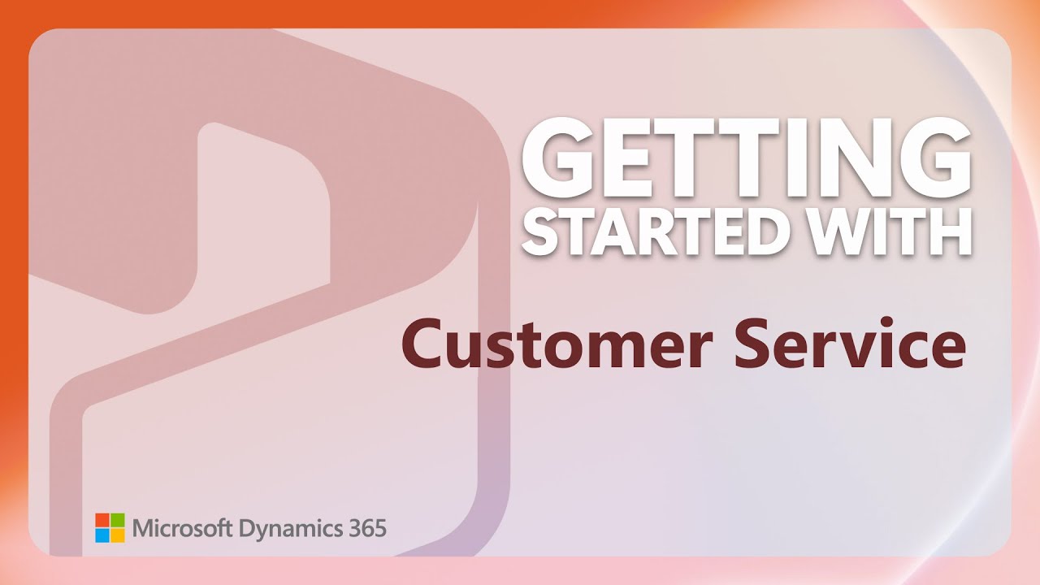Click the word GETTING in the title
(746, 159)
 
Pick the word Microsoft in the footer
(182, 528)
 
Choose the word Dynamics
(289, 530)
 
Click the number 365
(366, 528)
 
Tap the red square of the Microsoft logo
(102, 520)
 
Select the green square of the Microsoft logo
(118, 520)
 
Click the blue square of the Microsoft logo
(102, 535)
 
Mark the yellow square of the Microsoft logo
(118, 535)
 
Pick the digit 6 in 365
(366, 528)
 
